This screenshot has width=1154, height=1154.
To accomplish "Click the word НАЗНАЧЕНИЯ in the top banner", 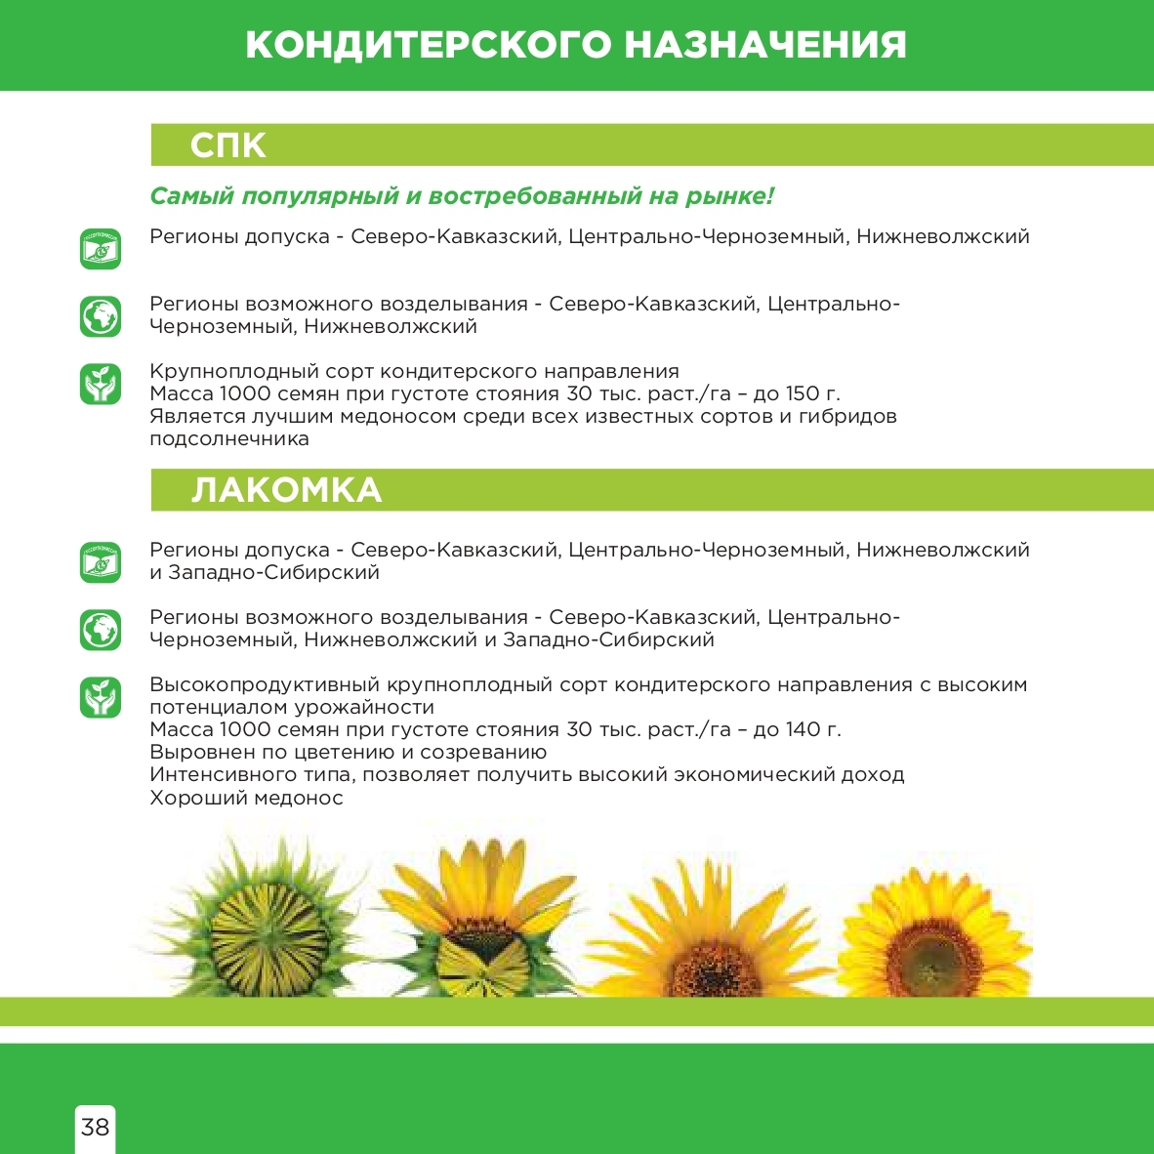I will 764,45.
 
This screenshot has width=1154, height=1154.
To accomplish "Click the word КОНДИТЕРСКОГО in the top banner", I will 428,45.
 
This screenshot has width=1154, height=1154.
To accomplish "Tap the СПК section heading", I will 227,145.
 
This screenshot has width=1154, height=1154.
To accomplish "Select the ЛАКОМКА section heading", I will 286,490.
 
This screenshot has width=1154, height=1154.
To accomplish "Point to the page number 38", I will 95,1128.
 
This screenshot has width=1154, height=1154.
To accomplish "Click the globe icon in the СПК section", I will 101,316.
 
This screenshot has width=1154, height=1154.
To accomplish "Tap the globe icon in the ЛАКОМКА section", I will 101,630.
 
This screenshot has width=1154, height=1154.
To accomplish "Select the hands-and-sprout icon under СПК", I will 101,384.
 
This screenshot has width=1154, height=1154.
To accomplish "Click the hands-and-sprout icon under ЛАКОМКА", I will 101,697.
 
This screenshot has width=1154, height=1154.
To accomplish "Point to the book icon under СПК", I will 101,249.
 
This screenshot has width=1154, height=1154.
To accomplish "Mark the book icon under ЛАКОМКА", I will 101,562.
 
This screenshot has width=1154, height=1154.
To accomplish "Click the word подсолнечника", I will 228,439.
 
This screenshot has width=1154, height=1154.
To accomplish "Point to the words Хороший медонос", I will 246,799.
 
